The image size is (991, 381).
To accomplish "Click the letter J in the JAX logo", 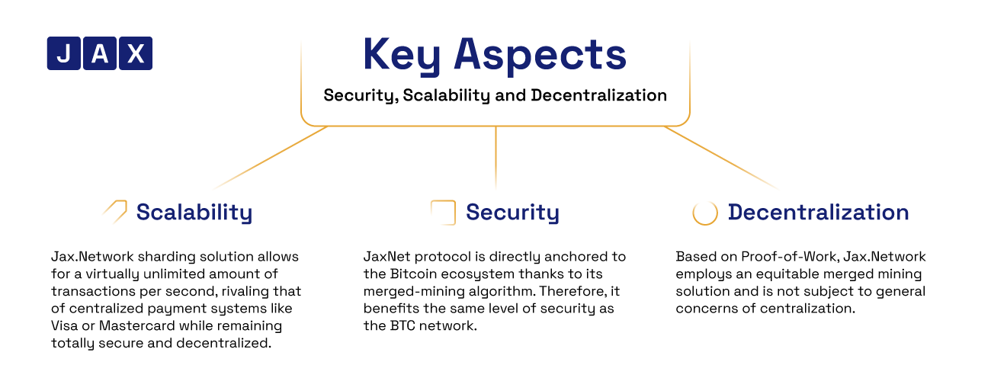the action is (64, 53).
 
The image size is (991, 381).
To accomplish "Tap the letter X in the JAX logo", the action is (136, 53).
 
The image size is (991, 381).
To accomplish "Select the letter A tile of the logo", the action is (100, 53).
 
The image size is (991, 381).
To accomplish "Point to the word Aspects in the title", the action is (540, 56).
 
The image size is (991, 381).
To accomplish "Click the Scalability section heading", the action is (194, 213).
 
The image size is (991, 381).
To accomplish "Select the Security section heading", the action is (512, 213).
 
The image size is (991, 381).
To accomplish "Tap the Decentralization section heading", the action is (819, 212).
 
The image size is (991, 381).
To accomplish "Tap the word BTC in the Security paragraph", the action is (402, 325).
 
